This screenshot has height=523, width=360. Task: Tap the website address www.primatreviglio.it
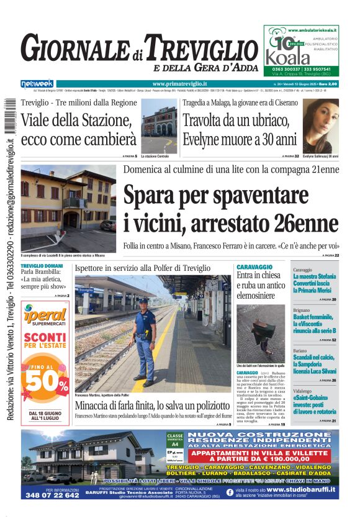[179, 83]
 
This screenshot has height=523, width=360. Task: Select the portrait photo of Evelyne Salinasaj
[320, 126]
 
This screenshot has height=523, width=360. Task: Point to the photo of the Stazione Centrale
[159, 129]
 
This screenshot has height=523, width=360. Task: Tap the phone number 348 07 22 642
[53, 495]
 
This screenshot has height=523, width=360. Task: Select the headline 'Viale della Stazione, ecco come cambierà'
[78, 129]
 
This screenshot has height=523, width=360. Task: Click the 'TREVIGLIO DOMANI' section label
[42, 266]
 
